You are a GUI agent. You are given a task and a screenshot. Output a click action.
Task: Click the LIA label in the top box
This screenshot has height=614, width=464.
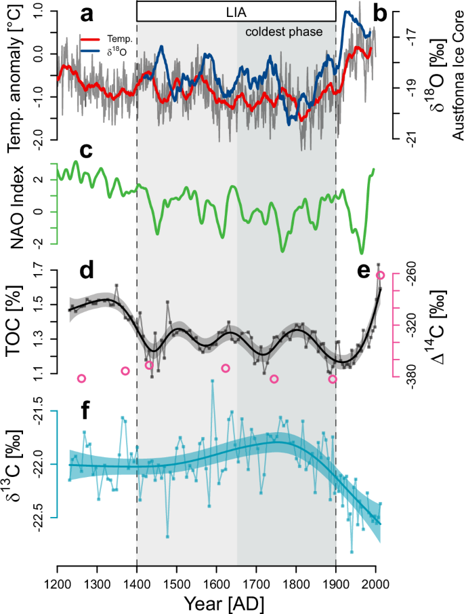pyautogui.click(x=236, y=12)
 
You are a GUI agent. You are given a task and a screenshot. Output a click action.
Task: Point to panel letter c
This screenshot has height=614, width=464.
pyautogui.click(x=85, y=151)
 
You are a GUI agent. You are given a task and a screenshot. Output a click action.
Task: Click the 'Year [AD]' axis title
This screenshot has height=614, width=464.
pyautogui.click(x=216, y=603)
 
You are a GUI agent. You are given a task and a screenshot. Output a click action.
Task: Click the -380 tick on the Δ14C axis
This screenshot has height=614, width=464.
pyautogui.click(x=414, y=377)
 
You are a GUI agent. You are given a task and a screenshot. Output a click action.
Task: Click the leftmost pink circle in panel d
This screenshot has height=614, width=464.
pyautogui.click(x=82, y=378)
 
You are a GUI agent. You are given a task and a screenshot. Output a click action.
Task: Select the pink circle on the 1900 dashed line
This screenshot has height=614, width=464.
pyautogui.click(x=333, y=379)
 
